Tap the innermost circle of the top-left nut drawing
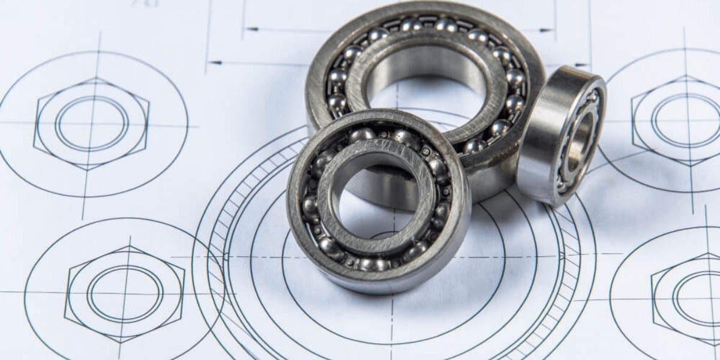[x=91, y=124]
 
